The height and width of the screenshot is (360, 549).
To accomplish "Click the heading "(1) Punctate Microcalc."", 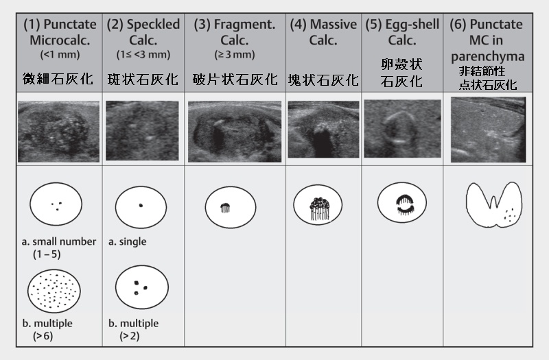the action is pos(60,32).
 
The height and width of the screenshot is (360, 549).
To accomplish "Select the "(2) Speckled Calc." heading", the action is pos(143,32).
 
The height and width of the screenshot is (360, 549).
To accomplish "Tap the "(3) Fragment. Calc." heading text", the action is pos(235,32).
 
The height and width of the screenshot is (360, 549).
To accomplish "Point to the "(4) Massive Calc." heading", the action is pos(323,32).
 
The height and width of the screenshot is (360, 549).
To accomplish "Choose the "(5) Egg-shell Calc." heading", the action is pos(402,32).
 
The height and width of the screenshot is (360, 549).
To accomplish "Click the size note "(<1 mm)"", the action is pos(60,55).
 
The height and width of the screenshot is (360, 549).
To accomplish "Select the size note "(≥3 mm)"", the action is pos(235,55).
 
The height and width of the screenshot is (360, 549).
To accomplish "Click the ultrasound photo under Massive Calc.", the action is pos(323,130).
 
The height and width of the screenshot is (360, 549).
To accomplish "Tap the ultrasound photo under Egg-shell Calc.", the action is pos(402,128).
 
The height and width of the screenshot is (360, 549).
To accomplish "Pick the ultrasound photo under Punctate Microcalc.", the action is pos(59,132).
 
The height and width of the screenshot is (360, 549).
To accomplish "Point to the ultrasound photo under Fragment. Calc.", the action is pos(235,132).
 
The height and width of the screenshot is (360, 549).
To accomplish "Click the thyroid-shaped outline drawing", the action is pos(494,204).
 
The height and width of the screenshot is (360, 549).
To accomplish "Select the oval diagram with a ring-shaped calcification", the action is pos(402,202).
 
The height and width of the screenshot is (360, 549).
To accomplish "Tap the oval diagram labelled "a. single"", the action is pos(141,207).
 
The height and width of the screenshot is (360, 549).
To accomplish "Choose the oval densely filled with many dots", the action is pos(54,291).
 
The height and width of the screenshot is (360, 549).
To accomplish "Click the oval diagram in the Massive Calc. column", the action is pos(318,205).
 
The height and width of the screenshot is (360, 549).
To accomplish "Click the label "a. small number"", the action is pos(59,241).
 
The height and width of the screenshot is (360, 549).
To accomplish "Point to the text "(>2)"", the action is pos(130,336).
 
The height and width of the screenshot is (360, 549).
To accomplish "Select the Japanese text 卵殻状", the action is pos(401,64).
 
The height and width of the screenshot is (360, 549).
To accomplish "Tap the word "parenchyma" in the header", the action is pos(488,57).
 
